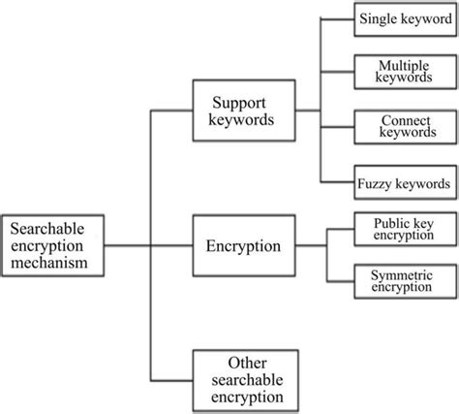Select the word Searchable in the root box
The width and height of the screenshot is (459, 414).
46,229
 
